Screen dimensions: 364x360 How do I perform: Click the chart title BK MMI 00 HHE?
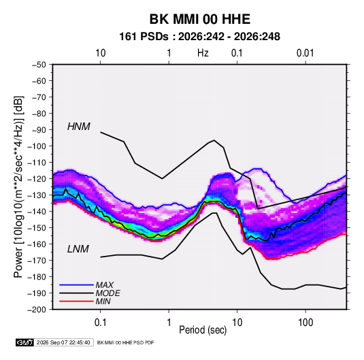pos(199,19)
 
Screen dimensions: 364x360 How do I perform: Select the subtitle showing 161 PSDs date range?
pos(199,37)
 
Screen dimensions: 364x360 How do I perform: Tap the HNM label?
pos(79,127)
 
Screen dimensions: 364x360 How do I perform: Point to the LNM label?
pos(78,249)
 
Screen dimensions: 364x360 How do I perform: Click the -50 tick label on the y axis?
pos(39,65)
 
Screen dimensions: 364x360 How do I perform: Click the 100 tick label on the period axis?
pos(305,323)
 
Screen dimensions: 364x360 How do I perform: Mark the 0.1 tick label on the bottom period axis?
pos(100,323)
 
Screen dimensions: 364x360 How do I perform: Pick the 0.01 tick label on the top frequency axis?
pos(305,53)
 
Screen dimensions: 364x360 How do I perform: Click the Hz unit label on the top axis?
pos(203,53)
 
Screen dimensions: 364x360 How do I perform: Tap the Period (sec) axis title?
pos(203,330)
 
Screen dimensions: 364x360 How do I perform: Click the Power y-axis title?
pos(18,187)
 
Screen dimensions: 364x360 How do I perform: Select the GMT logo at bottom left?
pos(24,342)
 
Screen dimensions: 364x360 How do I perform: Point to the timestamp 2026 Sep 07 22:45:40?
pos(63,342)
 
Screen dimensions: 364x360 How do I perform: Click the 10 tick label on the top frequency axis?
pos(101,53)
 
